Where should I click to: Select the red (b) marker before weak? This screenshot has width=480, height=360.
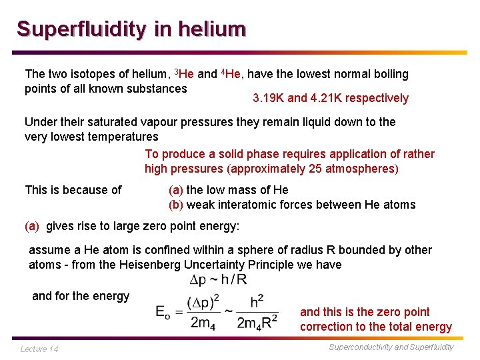[x=176, y=205]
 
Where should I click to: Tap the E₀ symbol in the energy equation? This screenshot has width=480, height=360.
[x=163, y=312]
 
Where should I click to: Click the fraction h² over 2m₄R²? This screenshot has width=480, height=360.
[x=257, y=312]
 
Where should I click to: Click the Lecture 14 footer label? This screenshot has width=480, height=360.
[x=39, y=349]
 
